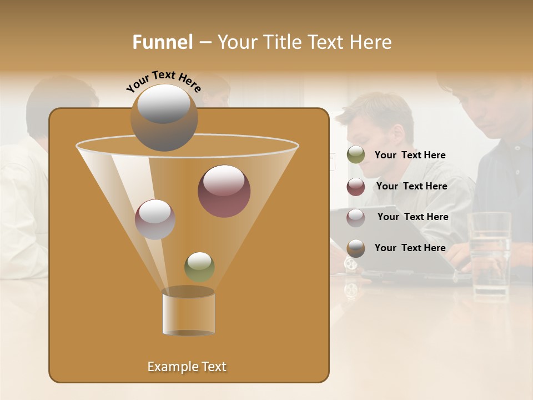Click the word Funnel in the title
click(x=163, y=42)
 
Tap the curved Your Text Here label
click(x=163, y=81)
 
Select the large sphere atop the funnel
click(x=164, y=118)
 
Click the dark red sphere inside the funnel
click(x=224, y=191)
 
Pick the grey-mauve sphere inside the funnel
click(x=155, y=219)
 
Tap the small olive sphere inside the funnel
click(x=199, y=267)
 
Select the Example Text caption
click(x=187, y=367)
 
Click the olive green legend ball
click(x=356, y=155)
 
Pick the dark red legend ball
click(x=356, y=187)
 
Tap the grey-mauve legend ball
click(x=356, y=217)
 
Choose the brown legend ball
click(x=356, y=248)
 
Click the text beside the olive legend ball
click(x=410, y=156)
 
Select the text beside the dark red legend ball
click(x=411, y=187)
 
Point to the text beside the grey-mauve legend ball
click(x=413, y=217)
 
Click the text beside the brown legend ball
click(x=410, y=248)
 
